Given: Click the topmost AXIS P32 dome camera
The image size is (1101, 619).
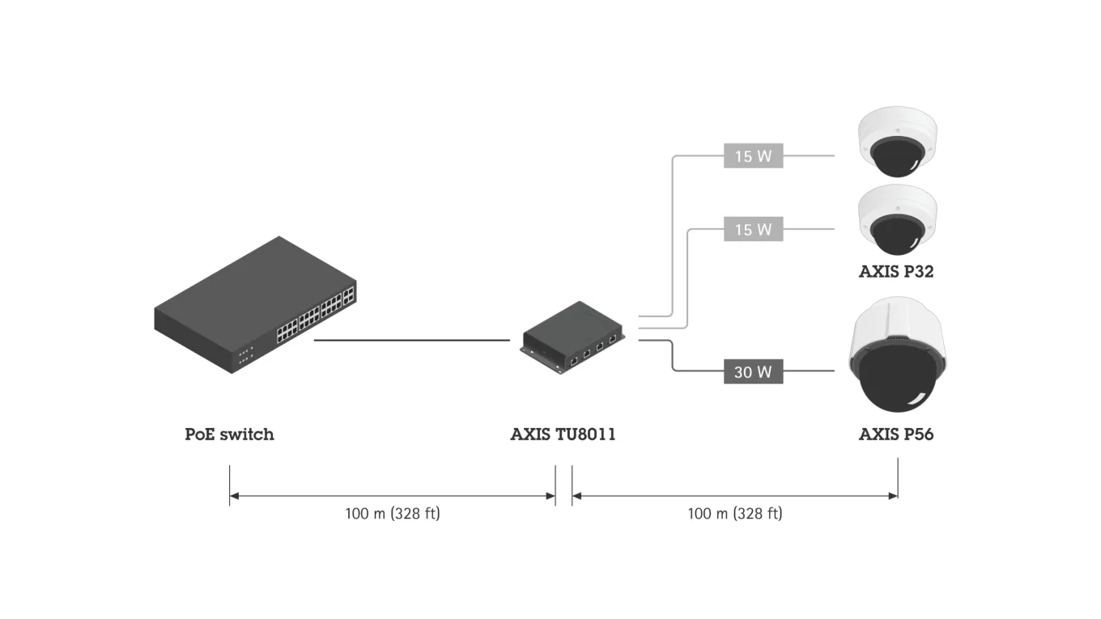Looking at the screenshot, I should [x=897, y=144].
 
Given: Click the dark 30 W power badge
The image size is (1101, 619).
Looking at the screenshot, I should [x=753, y=372].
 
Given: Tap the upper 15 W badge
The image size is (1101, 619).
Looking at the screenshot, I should [x=753, y=156].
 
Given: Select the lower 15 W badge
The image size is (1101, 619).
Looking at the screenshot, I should [x=753, y=230].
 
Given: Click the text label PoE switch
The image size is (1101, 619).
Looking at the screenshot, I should [x=229, y=435].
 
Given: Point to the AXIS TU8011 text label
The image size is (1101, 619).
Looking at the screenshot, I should [x=563, y=435].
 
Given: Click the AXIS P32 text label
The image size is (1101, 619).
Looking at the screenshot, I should [x=895, y=272].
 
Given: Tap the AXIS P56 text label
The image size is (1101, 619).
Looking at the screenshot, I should [x=895, y=435].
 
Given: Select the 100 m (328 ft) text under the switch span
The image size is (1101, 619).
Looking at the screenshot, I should [x=393, y=513].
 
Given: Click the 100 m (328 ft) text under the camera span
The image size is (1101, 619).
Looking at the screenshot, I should [x=735, y=513].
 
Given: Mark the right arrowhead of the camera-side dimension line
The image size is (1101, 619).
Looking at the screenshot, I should [x=894, y=495].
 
